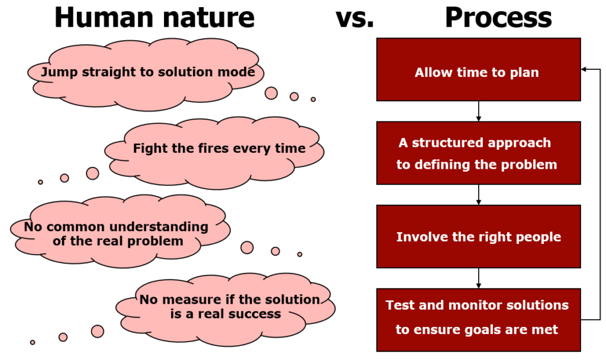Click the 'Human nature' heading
[x=154, y=17]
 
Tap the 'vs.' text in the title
[x=355, y=18]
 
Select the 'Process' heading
[x=498, y=17]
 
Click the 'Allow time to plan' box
[x=478, y=70]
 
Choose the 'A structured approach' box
[x=478, y=153]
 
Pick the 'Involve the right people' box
[x=478, y=237]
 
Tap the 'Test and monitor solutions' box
[x=478, y=320]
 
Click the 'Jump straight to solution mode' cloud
[x=146, y=73]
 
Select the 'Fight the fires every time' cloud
[x=214, y=153]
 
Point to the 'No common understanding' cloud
[x=120, y=232]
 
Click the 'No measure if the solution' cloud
[x=225, y=309]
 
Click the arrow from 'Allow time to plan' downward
[x=478, y=111]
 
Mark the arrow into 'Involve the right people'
[x=478, y=195]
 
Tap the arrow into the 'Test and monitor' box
[x=478, y=278]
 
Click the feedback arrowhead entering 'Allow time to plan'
[x=584, y=70]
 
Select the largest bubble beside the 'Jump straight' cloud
[x=271, y=93]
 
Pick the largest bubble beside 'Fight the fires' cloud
[x=92, y=173]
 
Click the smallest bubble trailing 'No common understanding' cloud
[x=299, y=255]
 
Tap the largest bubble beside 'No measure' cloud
[x=98, y=332]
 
